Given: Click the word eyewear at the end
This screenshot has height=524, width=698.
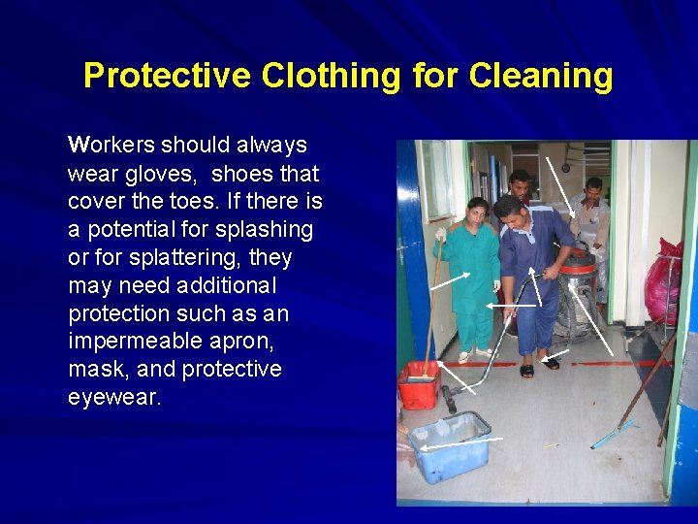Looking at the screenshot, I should (114, 398).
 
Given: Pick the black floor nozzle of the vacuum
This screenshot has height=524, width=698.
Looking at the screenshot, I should (450, 397).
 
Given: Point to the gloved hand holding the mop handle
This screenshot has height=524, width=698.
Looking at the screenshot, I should (440, 236).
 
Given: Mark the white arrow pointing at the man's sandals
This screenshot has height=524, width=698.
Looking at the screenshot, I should (558, 353).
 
